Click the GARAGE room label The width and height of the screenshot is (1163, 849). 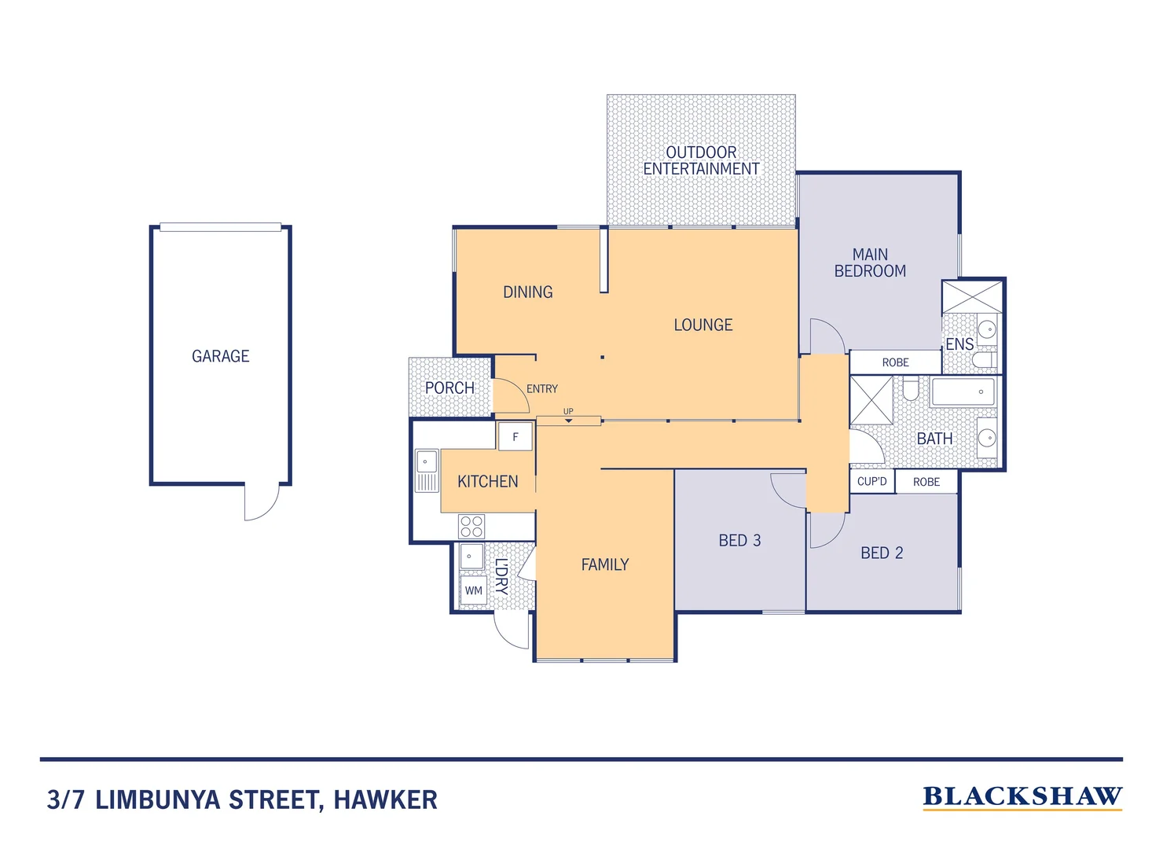point(220,356)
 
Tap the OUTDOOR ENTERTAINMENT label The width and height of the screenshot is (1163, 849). point(701,160)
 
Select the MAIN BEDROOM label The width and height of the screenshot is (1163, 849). point(870,263)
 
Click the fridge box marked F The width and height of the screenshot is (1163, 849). point(515,437)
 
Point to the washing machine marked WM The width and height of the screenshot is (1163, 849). point(473,590)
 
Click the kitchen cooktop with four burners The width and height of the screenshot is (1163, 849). point(471,527)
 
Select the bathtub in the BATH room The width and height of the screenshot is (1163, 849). point(963,391)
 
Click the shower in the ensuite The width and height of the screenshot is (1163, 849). point(973,297)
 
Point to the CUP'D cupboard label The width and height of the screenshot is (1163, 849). point(871,481)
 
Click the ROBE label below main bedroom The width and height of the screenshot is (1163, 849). point(895,362)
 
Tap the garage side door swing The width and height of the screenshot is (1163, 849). point(262,502)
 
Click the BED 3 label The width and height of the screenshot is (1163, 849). point(739,540)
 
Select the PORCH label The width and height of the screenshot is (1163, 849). point(449,388)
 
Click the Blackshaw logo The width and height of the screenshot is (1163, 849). point(1022,797)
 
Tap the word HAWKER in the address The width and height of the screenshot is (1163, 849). point(385,800)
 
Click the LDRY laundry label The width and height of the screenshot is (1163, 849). point(501,575)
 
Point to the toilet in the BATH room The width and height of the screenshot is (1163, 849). point(910,389)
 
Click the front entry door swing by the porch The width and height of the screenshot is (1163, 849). point(511,395)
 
